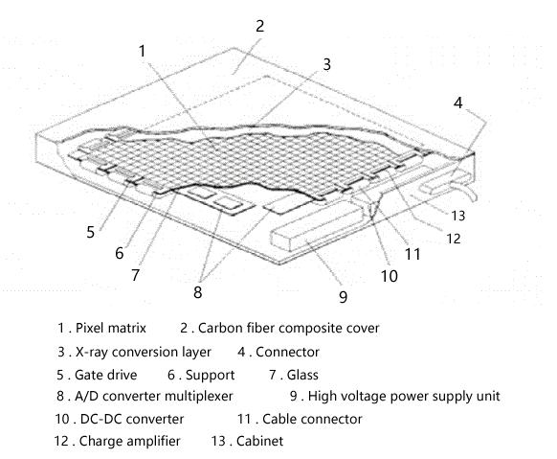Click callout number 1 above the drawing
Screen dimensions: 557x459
(142, 51)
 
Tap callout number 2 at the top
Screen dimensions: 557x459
(260, 26)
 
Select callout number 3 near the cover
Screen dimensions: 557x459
(326, 64)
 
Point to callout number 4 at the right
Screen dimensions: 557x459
(458, 103)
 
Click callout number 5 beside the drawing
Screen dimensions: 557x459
(91, 232)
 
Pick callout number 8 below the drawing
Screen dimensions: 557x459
(198, 292)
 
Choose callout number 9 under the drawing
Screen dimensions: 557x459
(343, 297)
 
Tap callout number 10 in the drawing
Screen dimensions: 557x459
(390, 276)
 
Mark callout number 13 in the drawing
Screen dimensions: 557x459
(458, 216)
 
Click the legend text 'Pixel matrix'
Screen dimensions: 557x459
(111, 328)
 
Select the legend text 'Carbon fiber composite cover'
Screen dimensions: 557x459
(288, 328)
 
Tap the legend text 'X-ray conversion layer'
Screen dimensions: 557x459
(144, 352)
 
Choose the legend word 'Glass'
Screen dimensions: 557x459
(302, 375)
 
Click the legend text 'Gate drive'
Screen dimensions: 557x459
(106, 375)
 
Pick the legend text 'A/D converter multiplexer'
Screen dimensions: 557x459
(154, 396)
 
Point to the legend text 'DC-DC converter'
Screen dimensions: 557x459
(132, 419)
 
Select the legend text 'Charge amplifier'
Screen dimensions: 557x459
(129, 441)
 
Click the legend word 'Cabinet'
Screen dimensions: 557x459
(260, 441)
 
